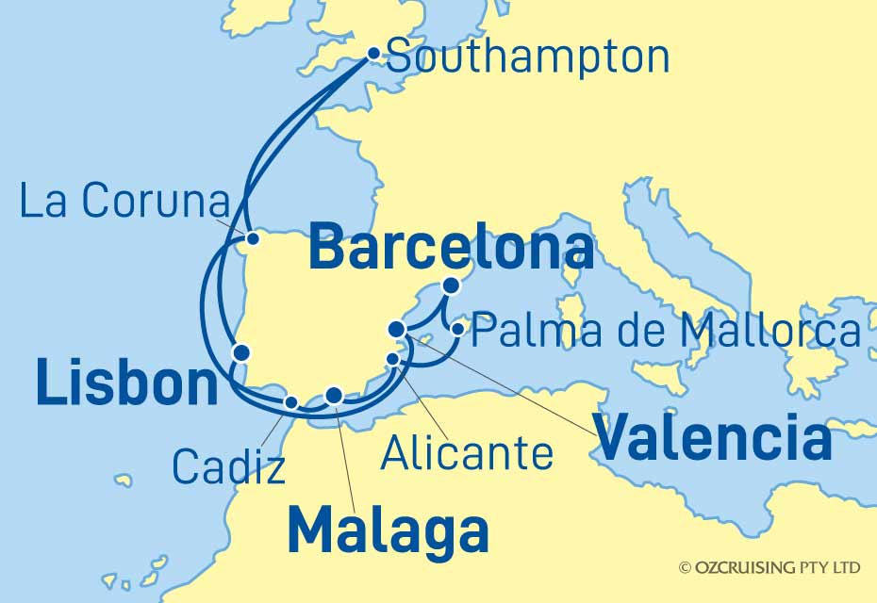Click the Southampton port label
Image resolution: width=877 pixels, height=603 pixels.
pyautogui.click(x=528, y=58)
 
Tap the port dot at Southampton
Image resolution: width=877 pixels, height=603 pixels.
pyautogui.click(x=373, y=54)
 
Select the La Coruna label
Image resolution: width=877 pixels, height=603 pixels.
pyautogui.click(x=125, y=202)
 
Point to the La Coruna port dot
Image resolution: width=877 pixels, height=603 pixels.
pyautogui.click(x=252, y=238)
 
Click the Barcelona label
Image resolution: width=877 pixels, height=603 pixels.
pyautogui.click(x=451, y=249)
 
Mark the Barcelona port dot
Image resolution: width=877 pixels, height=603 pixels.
pyautogui.click(x=452, y=285)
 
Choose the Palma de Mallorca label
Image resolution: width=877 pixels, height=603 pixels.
pyautogui.click(x=666, y=332)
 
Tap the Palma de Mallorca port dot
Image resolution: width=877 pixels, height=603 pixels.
pyautogui.click(x=457, y=329)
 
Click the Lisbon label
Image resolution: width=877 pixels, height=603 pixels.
pyautogui.click(x=126, y=385)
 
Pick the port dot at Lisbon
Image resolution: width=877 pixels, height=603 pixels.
pyautogui.click(x=241, y=352)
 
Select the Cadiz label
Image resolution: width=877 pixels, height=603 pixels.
pyautogui.click(x=228, y=465)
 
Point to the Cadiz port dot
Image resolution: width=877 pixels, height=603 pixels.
pyautogui.click(x=291, y=402)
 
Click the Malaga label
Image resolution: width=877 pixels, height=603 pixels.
pyautogui.click(x=388, y=531)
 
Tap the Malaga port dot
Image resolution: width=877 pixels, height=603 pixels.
pyautogui.click(x=333, y=395)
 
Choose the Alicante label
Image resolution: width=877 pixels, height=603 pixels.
pyautogui.click(x=466, y=453)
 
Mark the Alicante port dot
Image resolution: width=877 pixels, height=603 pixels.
pyautogui.click(x=393, y=359)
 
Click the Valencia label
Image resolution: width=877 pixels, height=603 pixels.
pyautogui.click(x=715, y=439)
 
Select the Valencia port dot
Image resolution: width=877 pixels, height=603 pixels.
pyautogui.click(x=397, y=329)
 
